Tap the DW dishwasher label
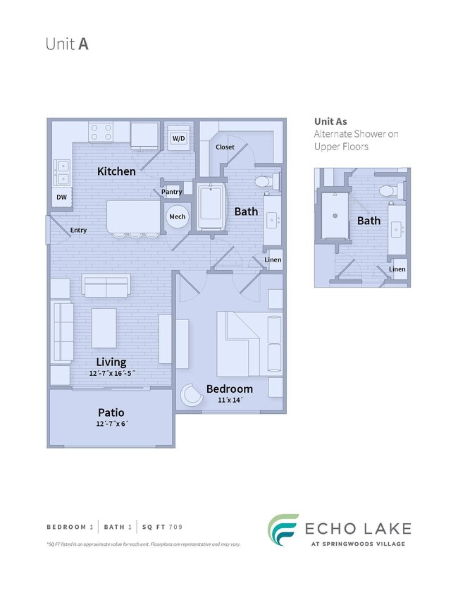[62, 198]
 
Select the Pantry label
[171, 192]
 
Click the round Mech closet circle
[177, 216]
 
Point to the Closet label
[225, 147]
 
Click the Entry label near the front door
[78, 230]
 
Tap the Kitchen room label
[116, 171]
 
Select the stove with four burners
[101, 132]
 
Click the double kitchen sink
[62, 171]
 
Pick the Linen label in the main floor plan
[273, 260]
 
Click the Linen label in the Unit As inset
[397, 269]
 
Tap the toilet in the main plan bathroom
[263, 182]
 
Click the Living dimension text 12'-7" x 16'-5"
[111, 373]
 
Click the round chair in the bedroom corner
[190, 396]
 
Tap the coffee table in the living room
[104, 329]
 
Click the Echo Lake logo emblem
[282, 530]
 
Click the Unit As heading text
[330, 121]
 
